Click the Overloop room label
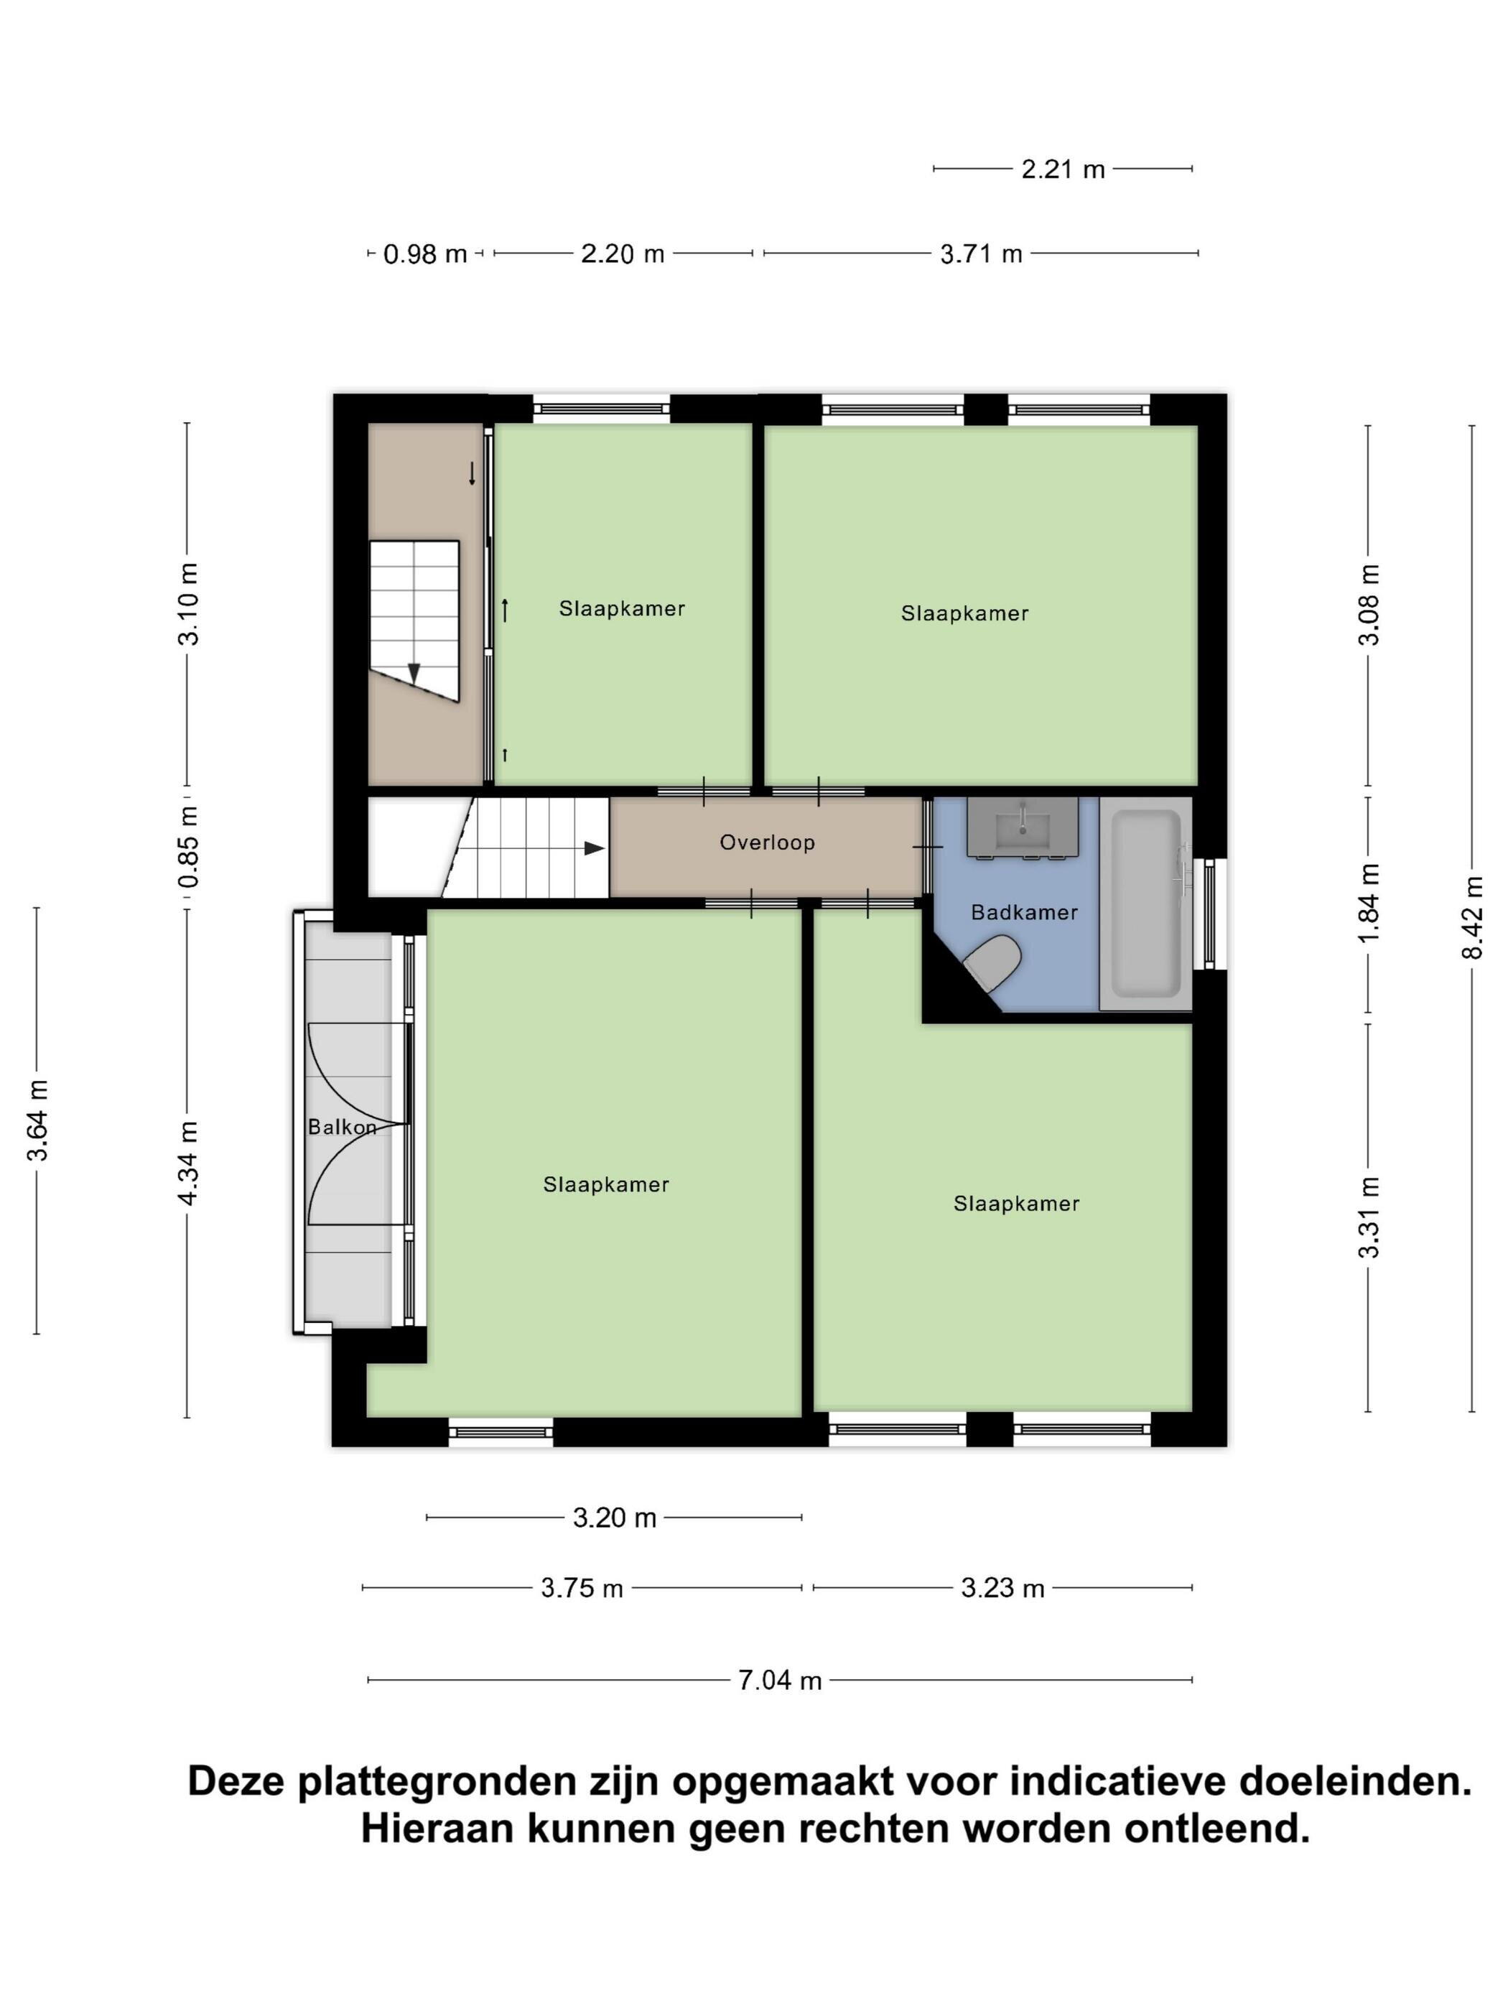tap(767, 842)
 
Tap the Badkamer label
tap(1025, 913)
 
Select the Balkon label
tap(342, 1128)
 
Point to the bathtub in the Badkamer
tap(1145, 904)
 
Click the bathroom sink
tap(1023, 827)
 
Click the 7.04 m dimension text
tap(780, 1680)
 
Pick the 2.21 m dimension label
tap(1063, 169)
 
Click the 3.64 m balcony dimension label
tap(37, 1121)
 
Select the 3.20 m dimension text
tap(615, 1518)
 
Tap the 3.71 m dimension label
tap(982, 254)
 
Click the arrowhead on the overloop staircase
tap(595, 848)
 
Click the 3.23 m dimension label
tap(1002, 1588)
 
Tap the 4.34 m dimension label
tap(188, 1164)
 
